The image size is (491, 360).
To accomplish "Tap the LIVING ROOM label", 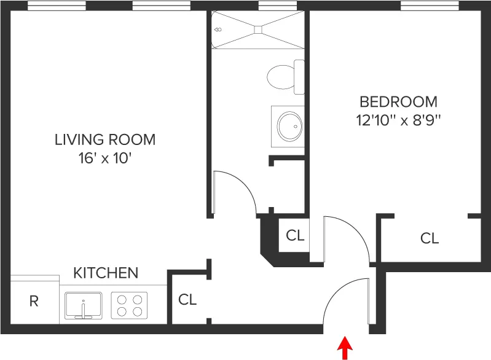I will point(105,139).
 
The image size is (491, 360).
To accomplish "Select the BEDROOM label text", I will point(398,101).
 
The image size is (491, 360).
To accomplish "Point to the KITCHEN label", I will point(106,272).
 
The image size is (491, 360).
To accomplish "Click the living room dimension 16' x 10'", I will point(105,158).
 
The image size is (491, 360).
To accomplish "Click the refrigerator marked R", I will point(34,301).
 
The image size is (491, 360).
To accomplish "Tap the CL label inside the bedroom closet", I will point(430,238).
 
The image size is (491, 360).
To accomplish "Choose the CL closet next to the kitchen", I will point(187,300).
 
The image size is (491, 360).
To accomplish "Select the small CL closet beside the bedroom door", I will point(295,235).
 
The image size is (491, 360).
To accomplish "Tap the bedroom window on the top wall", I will point(430,7).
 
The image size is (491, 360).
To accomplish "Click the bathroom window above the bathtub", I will point(278,7).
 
